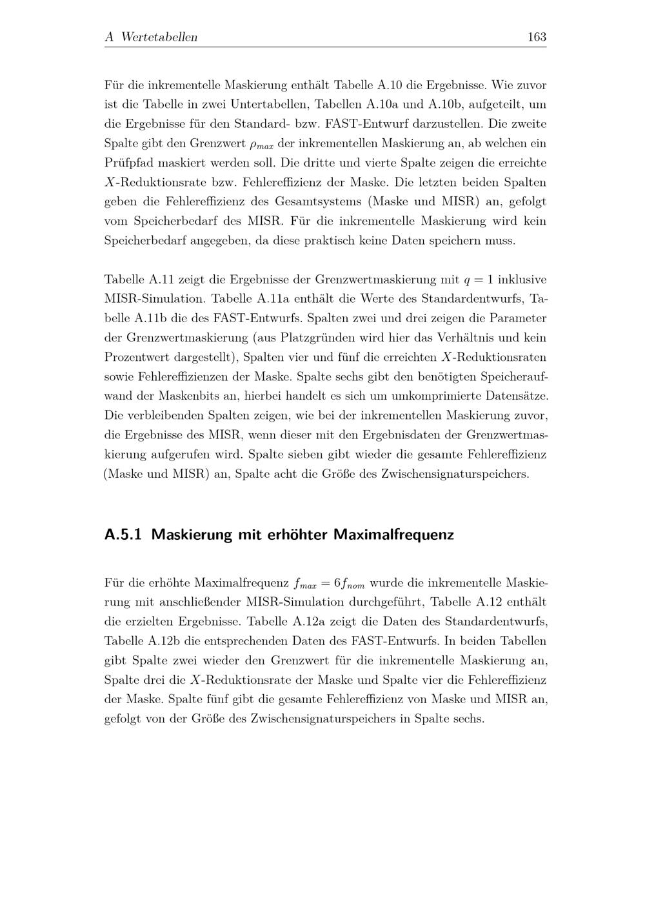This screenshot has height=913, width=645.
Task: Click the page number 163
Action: pyautogui.click(x=537, y=37)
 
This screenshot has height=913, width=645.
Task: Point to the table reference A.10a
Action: pyautogui.click(x=382, y=104)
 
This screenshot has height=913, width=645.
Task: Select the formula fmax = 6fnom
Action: pyautogui.click(x=329, y=584)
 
